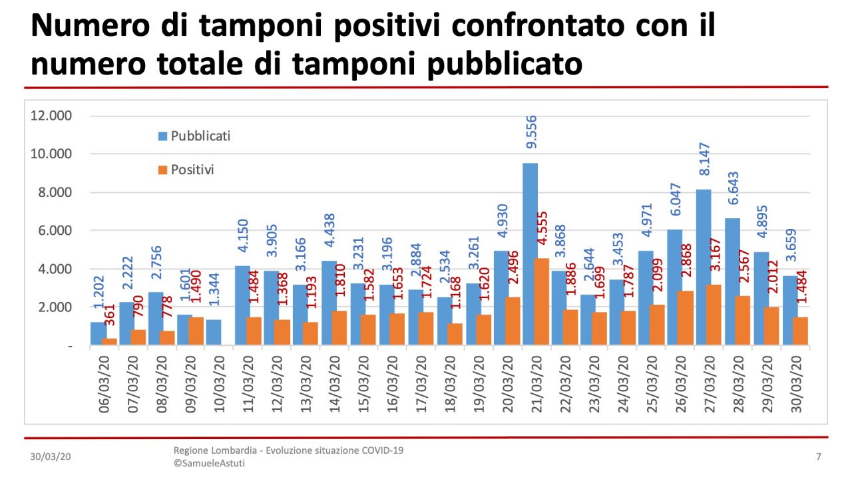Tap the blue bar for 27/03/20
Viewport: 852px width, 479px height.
(703, 266)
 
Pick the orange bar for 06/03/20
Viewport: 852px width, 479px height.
(109, 341)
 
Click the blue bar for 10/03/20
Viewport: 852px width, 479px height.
(213, 332)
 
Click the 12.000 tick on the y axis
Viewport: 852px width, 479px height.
(51, 116)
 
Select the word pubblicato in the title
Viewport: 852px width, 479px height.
(488, 65)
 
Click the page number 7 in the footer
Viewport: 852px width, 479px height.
(818, 457)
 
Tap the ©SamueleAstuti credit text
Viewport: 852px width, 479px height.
(208, 463)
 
